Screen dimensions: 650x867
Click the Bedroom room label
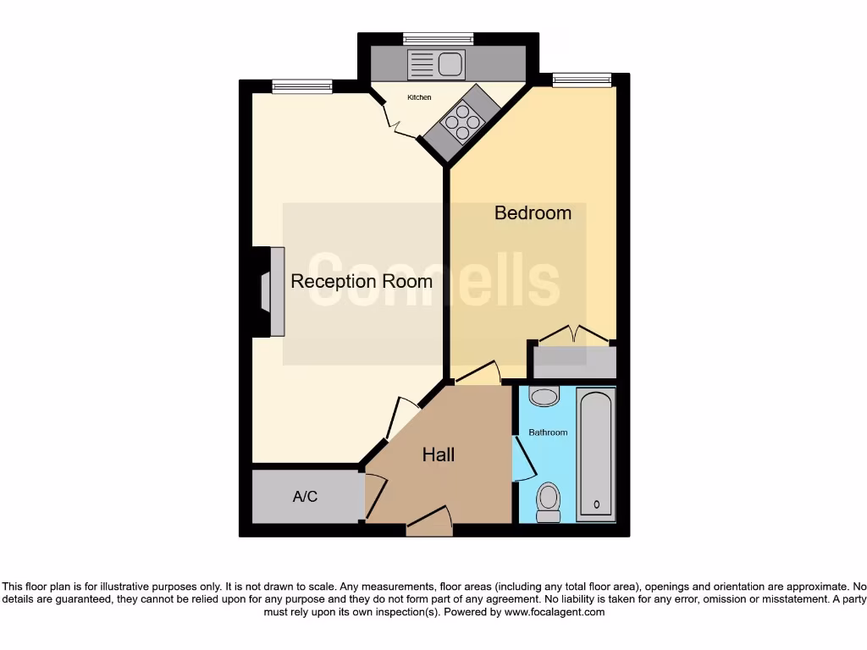pyautogui.click(x=533, y=213)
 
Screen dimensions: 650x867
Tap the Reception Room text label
pyautogui.click(x=362, y=282)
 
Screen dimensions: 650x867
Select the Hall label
pyautogui.click(x=439, y=455)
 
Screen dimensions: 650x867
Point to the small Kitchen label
pyautogui.click(x=419, y=98)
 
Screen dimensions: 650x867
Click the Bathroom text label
pyautogui.click(x=548, y=432)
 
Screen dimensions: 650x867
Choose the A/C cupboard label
pyautogui.click(x=305, y=497)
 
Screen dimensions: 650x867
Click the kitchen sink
pyautogui.click(x=435, y=63)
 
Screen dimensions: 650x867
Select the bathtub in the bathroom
pyautogui.click(x=596, y=453)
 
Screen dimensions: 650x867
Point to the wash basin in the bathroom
pyautogui.click(x=544, y=395)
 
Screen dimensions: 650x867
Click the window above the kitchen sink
pyautogui.click(x=438, y=38)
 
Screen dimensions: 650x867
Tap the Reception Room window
pyautogui.click(x=302, y=85)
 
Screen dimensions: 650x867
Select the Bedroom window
pyautogui.click(x=582, y=80)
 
